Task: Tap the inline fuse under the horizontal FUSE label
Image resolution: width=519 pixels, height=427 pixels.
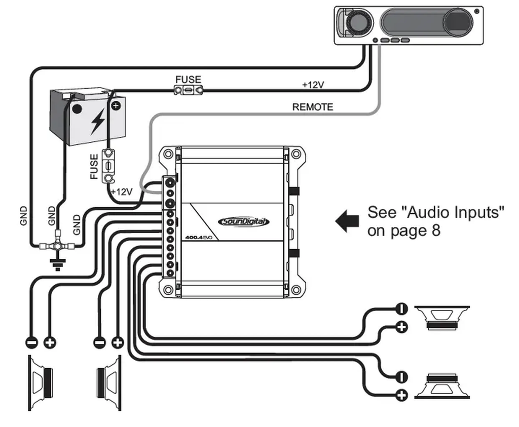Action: click(x=188, y=90)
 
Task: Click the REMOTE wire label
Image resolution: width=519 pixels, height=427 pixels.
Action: click(x=313, y=107)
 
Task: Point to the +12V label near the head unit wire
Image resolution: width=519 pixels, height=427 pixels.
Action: click(x=313, y=85)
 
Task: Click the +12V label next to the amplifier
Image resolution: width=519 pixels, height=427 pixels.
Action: click(x=122, y=191)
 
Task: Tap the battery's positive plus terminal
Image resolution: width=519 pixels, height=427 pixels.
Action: click(x=116, y=105)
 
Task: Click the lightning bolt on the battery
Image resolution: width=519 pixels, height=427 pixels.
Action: click(x=97, y=121)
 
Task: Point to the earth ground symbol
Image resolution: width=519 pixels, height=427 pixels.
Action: click(x=57, y=265)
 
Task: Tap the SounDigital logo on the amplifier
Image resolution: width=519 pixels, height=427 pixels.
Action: click(x=244, y=222)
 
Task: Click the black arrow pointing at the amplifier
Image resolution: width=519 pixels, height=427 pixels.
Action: click(x=347, y=221)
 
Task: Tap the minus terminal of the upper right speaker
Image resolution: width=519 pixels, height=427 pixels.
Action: click(x=401, y=308)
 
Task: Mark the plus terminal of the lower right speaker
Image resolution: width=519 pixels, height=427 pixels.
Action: click(x=401, y=395)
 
